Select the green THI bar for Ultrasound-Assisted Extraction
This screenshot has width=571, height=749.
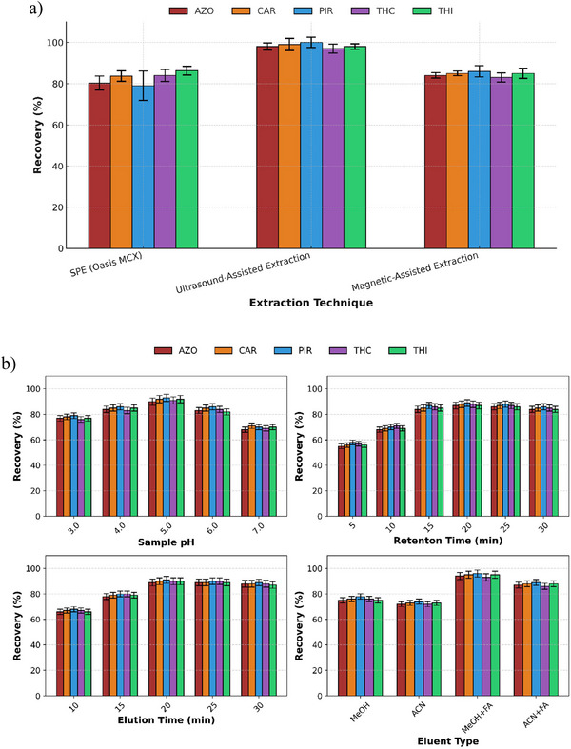(x=355, y=148)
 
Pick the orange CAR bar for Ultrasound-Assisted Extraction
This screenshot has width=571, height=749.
(x=288, y=147)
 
